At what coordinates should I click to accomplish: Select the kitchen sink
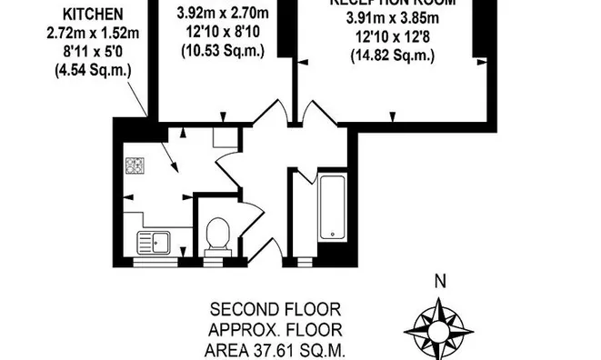pos(153,243)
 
